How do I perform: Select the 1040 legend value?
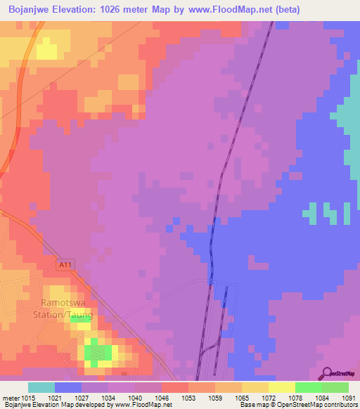point(134,397)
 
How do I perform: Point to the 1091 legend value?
point(349,397)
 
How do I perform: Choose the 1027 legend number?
point(82,397)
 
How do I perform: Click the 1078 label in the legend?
point(295,397)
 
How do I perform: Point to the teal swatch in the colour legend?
point(41,387)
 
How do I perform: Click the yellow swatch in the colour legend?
point(281,387)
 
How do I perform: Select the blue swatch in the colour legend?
point(68,387)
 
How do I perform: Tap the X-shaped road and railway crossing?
point(210,282)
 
